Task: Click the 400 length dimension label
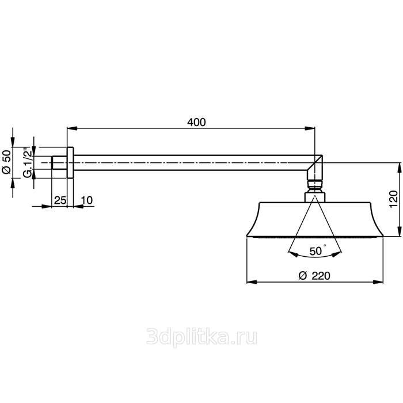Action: point(196,122)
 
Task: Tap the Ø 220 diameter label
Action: point(314,276)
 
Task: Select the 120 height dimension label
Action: point(393,199)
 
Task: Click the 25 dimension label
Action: point(60,200)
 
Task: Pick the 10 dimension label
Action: point(87,200)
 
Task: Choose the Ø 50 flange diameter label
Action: point(7,162)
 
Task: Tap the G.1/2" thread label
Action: point(28,162)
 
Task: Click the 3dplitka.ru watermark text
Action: point(201,337)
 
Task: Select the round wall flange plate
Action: point(70,163)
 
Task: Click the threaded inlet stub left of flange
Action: point(59,163)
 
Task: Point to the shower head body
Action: point(315,219)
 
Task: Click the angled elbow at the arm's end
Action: point(315,168)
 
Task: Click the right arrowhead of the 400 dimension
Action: point(310,128)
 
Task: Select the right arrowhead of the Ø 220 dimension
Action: point(378,282)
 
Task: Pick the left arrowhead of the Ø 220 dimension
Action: point(252,282)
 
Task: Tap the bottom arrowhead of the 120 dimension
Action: point(399,231)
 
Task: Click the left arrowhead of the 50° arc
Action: point(293,254)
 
